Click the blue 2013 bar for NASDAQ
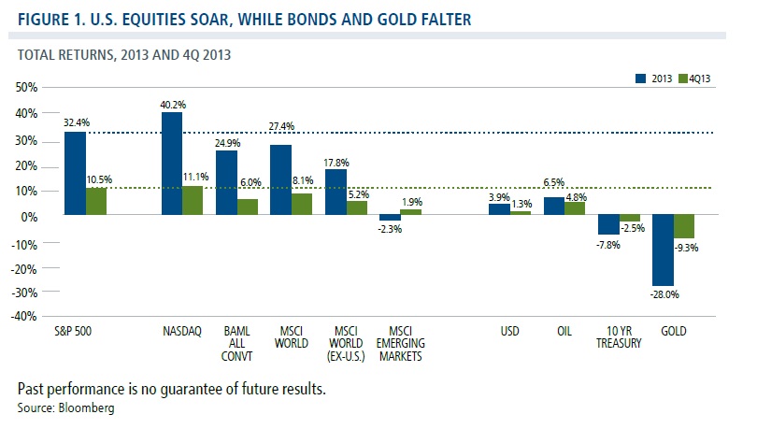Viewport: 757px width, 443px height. [172, 164]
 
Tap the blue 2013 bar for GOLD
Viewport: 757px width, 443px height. [662, 250]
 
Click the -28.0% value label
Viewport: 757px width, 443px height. [662, 293]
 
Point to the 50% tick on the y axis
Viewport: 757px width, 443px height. [25, 87]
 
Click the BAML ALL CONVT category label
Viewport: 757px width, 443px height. [228, 343]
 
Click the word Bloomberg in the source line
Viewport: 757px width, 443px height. [88, 409]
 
